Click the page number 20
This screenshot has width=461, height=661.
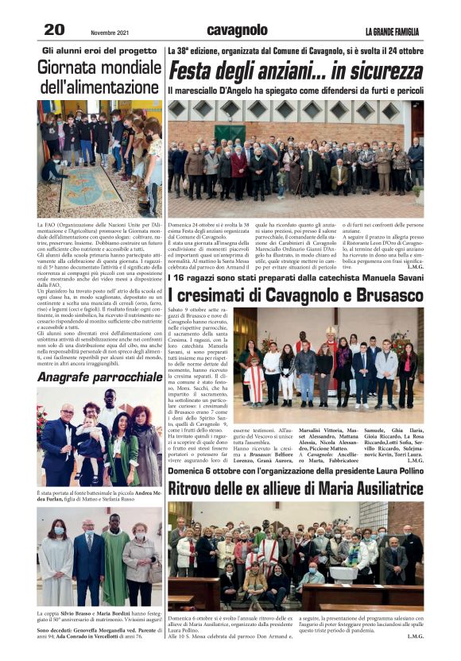[x=53, y=29]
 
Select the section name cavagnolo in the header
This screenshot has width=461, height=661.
[x=237, y=29]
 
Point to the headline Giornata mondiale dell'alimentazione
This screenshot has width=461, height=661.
[x=99, y=78]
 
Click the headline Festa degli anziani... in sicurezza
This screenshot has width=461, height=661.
[x=296, y=72]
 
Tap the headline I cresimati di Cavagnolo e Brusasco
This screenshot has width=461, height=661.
[x=296, y=294]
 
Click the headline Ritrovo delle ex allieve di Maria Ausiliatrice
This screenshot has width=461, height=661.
[x=296, y=487]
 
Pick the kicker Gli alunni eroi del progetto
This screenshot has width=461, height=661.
[x=99, y=50]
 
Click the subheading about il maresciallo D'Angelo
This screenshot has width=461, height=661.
[x=294, y=91]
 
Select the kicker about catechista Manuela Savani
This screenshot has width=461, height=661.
[x=296, y=276]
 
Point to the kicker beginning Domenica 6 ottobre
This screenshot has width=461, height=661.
[x=296, y=470]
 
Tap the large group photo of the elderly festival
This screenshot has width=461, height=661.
[x=296, y=158]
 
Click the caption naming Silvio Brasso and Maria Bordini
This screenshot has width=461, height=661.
[x=99, y=617]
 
